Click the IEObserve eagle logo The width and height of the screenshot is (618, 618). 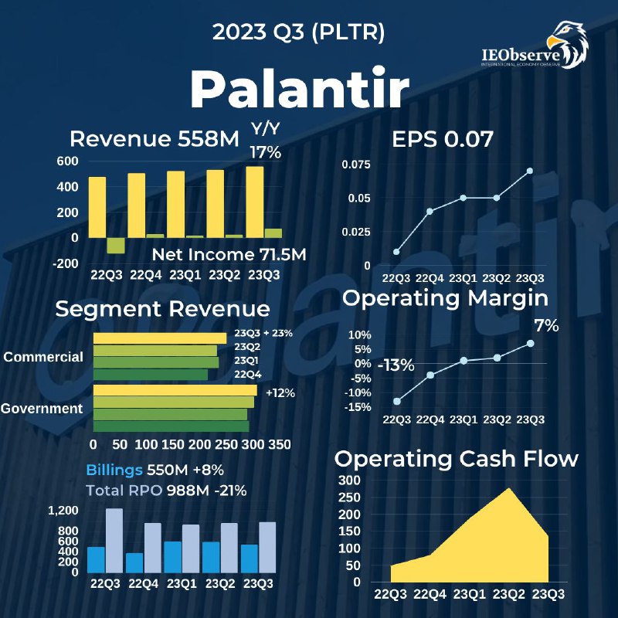point(568,44)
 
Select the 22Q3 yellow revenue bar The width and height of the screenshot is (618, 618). point(97,207)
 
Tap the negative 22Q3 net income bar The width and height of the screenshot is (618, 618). point(116,246)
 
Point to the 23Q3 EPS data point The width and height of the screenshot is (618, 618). point(530,171)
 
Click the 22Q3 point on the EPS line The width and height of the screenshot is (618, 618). point(396,252)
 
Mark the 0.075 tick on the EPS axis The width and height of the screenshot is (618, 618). point(356,165)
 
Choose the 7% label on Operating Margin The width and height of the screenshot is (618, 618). point(547,325)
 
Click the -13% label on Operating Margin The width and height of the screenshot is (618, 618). point(396,365)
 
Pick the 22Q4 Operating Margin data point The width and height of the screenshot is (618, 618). point(430,375)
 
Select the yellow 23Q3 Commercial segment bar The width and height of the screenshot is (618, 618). point(160,338)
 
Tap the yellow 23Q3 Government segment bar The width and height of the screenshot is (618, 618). point(175,390)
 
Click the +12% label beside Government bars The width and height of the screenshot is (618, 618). point(280,393)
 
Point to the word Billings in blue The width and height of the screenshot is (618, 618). point(114,470)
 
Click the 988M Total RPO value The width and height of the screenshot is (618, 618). point(188,491)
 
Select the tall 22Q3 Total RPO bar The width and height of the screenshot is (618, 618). point(114,540)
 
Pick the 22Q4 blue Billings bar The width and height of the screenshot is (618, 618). point(134,563)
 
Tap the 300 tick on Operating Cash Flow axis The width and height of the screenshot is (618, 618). point(349,480)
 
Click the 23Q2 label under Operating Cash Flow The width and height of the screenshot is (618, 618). point(508,593)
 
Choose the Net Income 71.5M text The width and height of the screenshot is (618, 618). point(229,255)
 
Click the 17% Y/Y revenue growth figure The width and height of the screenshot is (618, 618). point(266,152)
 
